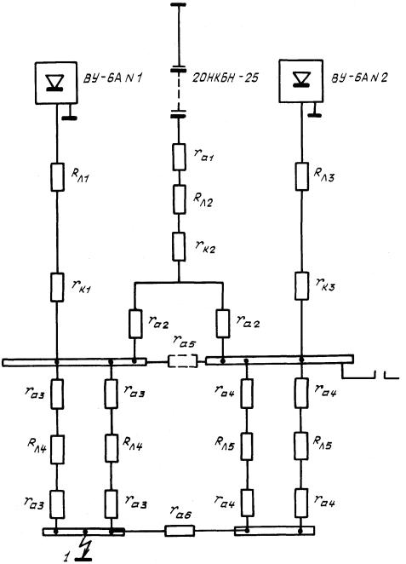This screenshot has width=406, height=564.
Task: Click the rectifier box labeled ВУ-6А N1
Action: [55, 83]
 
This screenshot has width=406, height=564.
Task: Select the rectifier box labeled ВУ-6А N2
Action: [301, 81]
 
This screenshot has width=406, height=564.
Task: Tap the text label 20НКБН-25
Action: [225, 78]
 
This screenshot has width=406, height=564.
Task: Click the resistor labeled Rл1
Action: [57, 177]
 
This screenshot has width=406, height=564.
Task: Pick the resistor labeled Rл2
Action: [180, 199]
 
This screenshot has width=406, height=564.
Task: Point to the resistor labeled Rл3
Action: [302, 176]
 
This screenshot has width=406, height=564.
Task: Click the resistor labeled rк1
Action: [57, 287]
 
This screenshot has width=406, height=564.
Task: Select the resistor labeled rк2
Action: [179, 246]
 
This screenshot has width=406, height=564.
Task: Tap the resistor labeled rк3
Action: [301, 286]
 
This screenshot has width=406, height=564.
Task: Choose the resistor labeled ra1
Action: [180, 157]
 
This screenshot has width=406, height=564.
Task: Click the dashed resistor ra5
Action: [183, 360]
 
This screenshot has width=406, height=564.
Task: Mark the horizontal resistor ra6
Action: [180, 531]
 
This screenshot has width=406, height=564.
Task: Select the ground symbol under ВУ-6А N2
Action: [313, 110]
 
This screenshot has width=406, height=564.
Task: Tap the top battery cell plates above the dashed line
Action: [179, 68]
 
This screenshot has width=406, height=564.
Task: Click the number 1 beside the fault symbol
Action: [66, 557]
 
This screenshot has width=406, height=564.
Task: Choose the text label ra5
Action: [184, 342]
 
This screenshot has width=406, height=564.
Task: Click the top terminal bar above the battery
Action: [178, 4]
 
